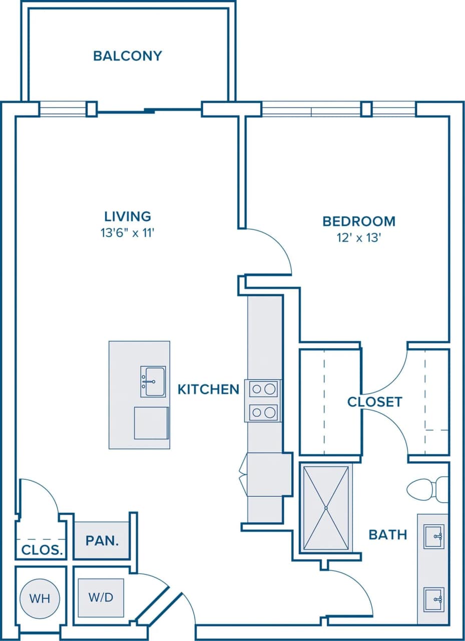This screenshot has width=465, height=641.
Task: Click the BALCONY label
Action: (x=128, y=56)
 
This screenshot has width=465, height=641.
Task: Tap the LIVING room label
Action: (x=128, y=216)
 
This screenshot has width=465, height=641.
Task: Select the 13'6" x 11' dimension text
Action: (x=128, y=232)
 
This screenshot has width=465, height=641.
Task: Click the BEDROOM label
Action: (x=358, y=221)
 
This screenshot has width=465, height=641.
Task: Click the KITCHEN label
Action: (x=208, y=389)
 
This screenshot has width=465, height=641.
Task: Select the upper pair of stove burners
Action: (x=263, y=389)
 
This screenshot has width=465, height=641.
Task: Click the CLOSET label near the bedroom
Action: (x=374, y=402)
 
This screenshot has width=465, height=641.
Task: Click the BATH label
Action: (x=387, y=534)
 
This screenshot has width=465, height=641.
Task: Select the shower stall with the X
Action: (x=326, y=508)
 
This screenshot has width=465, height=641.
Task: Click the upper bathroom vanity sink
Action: (x=433, y=536)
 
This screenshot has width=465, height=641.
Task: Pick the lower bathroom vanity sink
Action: (x=433, y=599)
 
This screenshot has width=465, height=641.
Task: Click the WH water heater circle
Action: (x=40, y=598)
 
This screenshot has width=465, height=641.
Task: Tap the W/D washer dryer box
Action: (x=101, y=598)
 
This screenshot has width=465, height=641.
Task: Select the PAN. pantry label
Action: (x=102, y=541)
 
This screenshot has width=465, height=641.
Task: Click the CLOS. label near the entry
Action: (x=42, y=550)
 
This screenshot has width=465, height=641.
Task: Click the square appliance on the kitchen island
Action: (x=151, y=423)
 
